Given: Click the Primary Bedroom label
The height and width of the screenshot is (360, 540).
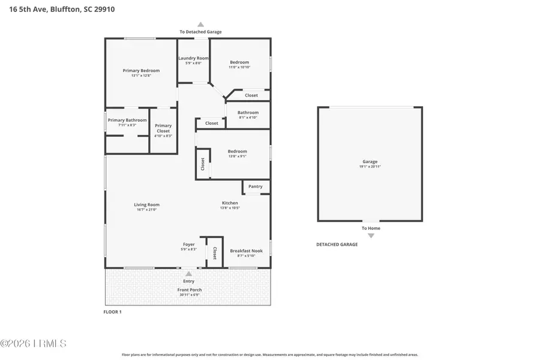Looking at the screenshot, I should (141, 71).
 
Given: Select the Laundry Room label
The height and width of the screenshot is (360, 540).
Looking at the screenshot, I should (193, 58).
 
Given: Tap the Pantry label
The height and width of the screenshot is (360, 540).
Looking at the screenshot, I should (256, 187).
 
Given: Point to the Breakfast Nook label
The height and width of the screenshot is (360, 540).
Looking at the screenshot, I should (246, 251).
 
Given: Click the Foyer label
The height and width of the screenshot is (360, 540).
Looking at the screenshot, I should (189, 244).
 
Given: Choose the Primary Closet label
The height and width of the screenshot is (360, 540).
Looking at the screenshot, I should (163, 128).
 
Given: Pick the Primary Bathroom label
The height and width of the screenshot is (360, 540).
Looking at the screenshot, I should (127, 120).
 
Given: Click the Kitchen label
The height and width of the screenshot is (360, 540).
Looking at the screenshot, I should (230, 203).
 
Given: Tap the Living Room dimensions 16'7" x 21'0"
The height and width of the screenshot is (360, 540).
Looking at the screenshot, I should (146, 209).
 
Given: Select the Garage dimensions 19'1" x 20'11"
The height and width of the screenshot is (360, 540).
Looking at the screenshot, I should (370, 166).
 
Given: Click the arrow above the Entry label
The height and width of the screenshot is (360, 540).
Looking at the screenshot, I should (188, 274).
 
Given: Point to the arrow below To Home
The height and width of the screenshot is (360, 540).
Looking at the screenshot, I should (371, 236).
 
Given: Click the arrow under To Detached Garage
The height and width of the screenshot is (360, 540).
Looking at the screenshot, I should (201, 25).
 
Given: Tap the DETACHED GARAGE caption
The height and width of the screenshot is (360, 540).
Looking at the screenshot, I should (337, 244).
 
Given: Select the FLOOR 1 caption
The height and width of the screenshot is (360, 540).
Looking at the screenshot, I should (112, 312).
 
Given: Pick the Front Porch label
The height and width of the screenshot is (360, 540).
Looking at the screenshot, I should (190, 290).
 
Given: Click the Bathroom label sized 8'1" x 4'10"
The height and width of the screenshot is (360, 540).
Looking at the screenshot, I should (248, 112).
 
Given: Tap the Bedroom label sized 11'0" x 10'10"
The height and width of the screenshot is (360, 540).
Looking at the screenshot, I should (239, 62).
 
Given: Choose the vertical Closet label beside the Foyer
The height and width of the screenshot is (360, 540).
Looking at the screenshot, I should (215, 253).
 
